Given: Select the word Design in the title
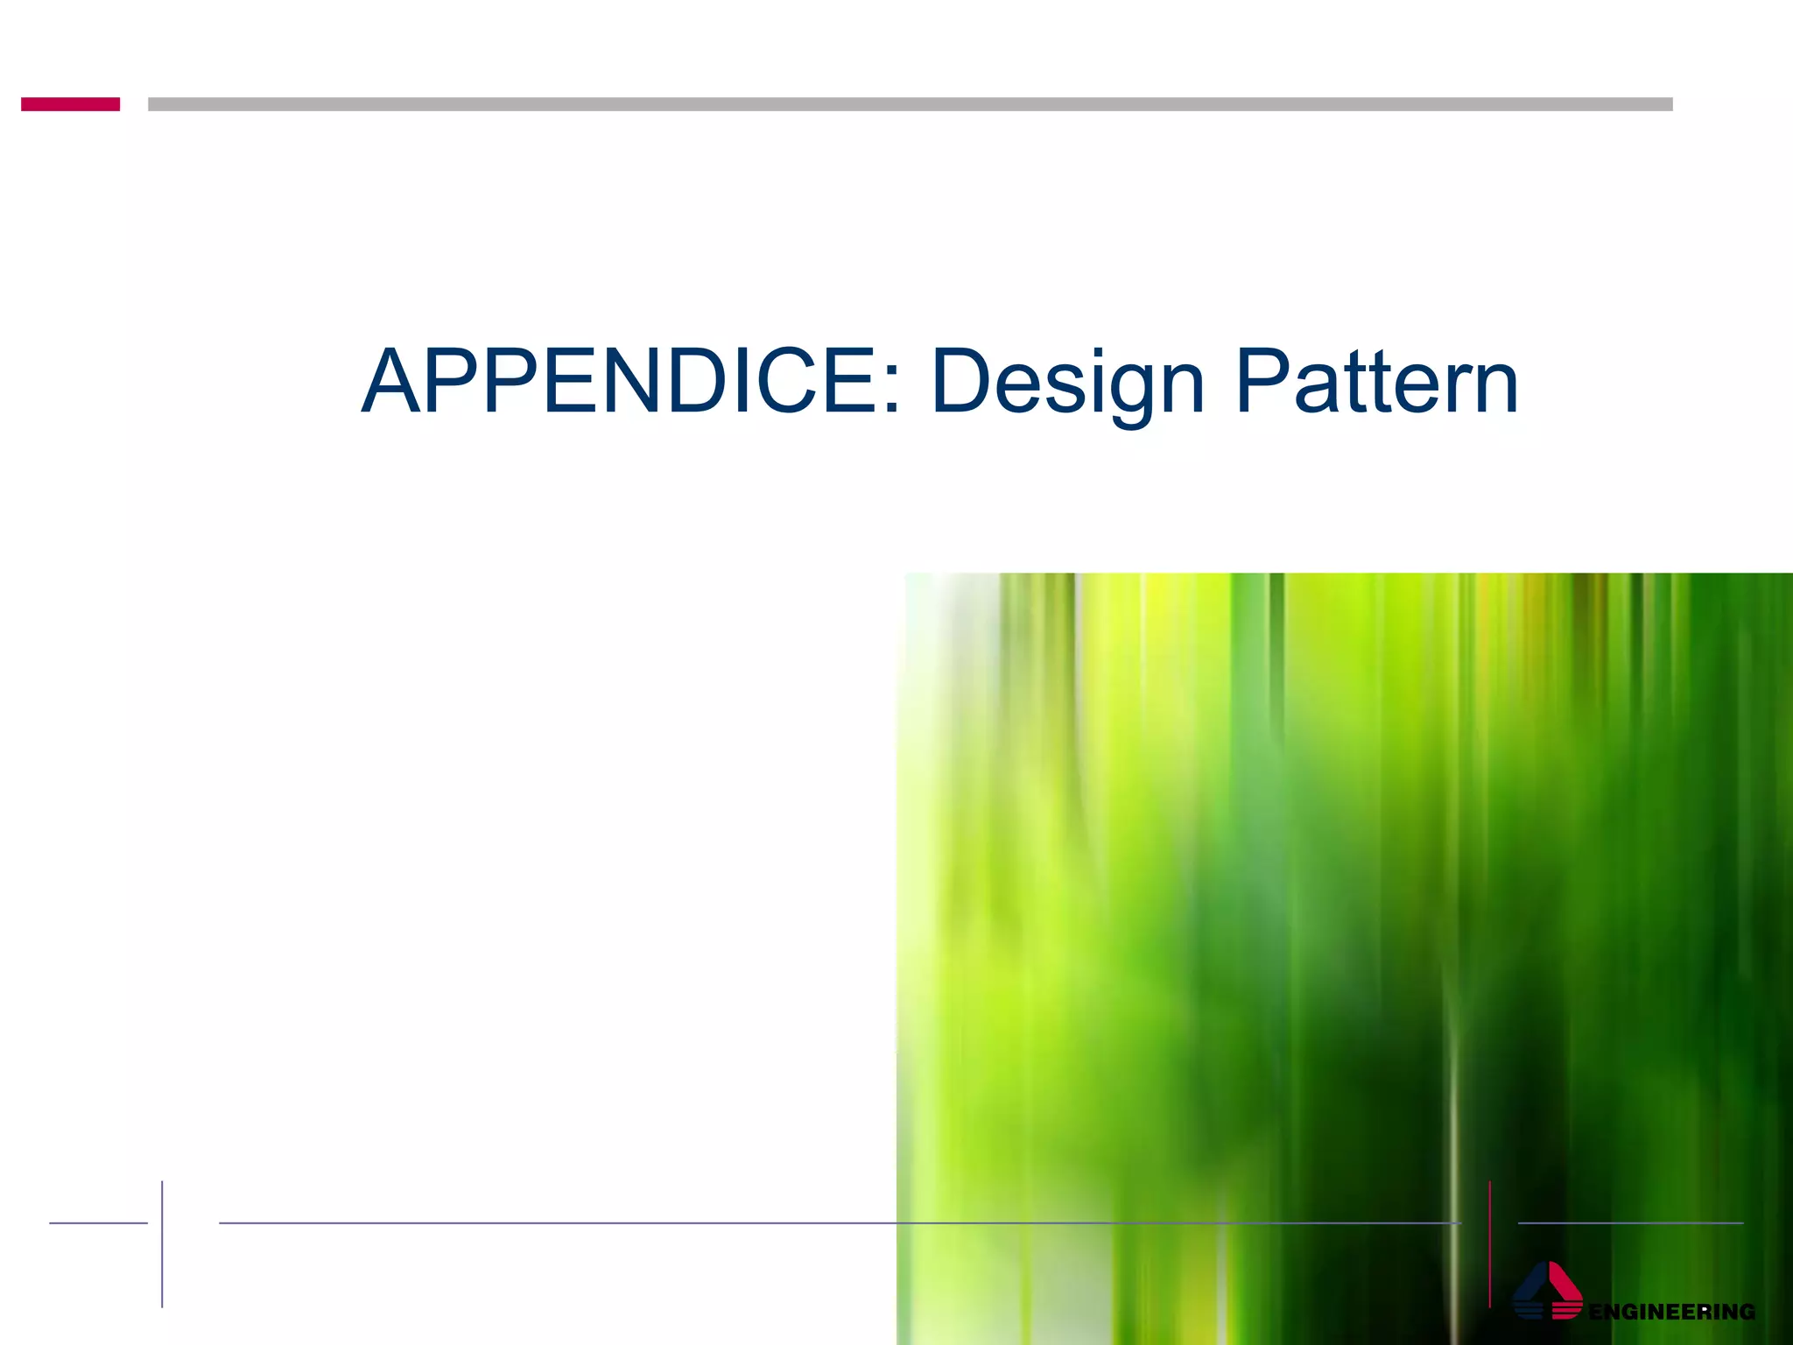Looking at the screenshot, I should pos(1068,383).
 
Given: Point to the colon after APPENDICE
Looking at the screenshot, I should pos(891,390).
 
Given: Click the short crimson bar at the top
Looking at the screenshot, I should pos(70,104).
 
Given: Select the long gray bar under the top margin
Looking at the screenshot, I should pos(910,104).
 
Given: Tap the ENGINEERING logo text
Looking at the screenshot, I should pos(1671,1311).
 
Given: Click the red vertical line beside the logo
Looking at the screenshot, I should pos(1489,1243).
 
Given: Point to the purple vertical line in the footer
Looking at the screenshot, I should pos(162,1243).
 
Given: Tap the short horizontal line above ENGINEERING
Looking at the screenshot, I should pos(1630,1222).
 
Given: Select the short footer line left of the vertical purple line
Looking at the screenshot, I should pos(98,1222).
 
